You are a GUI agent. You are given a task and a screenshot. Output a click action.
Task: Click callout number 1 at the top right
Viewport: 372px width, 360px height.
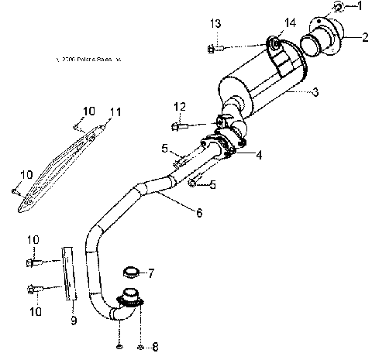point(358,7)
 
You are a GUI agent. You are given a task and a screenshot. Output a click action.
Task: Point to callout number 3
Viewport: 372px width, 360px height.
point(315,93)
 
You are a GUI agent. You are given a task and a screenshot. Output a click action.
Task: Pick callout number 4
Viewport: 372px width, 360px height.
point(257,156)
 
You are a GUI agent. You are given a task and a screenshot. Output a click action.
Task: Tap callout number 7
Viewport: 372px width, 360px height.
point(151,273)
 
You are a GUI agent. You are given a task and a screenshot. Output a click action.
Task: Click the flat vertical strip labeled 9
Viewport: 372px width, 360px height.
point(70,273)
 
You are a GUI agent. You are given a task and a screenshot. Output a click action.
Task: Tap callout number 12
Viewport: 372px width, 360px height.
point(180,106)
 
